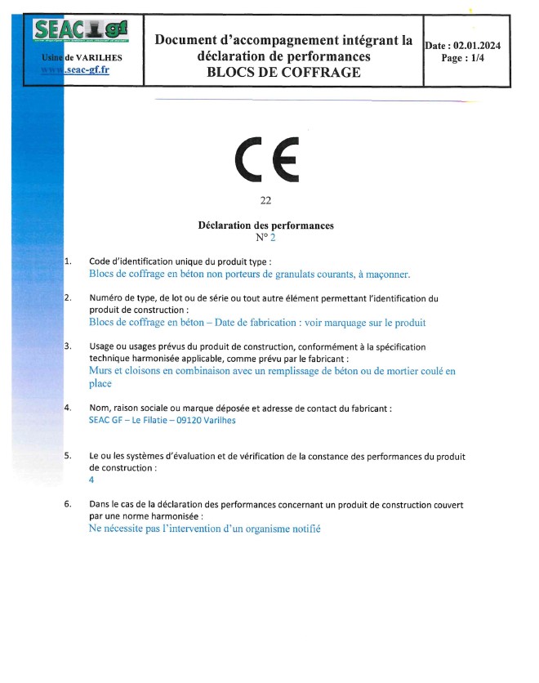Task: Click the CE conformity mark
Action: coord(267,161)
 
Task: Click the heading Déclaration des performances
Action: coord(266,225)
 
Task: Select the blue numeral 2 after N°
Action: coord(274,238)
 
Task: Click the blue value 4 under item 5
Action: coord(91,480)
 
